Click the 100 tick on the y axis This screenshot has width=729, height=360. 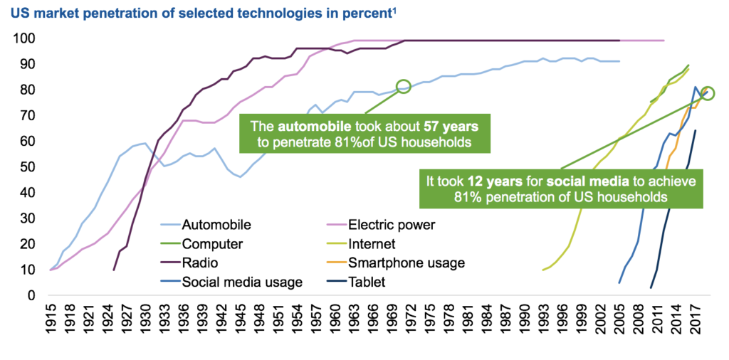click(x=23, y=38)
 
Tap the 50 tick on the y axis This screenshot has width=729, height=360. click(x=26, y=167)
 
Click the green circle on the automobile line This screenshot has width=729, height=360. click(x=404, y=86)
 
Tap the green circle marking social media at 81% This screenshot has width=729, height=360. click(x=707, y=93)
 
